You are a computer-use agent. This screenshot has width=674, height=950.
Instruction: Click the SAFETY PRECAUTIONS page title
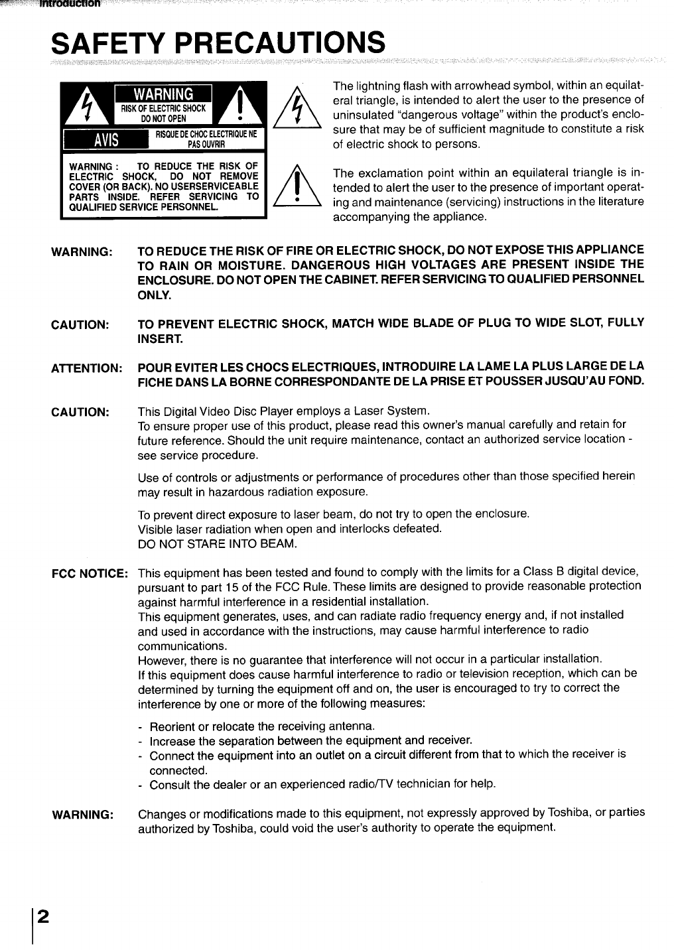tap(218, 44)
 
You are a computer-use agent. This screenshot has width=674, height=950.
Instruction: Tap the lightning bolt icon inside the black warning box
tap(86, 107)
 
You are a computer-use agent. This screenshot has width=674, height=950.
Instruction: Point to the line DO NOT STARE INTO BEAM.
tap(217, 544)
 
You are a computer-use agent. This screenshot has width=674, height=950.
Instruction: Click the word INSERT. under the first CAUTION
tap(159, 338)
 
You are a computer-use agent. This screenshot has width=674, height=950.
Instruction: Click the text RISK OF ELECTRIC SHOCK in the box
tap(163, 108)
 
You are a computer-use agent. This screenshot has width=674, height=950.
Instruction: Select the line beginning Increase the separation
tap(310, 740)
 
